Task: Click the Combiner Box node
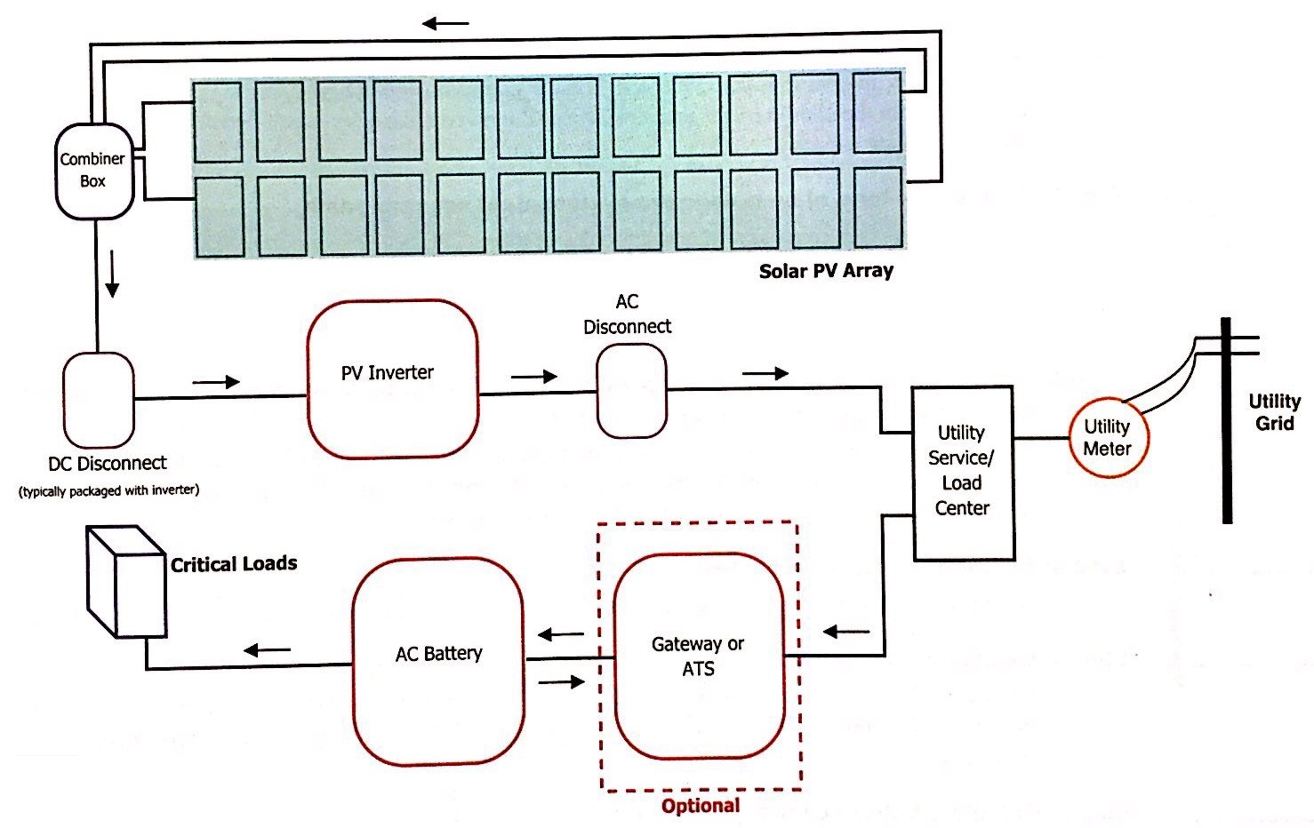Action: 93,171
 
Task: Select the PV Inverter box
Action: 392,378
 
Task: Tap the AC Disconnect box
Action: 630,391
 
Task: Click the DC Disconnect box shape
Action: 99,400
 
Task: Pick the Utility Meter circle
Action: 1108,437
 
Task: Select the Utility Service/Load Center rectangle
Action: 963,473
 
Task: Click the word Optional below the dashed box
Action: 700,806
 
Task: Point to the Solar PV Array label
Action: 826,272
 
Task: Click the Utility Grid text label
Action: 1274,412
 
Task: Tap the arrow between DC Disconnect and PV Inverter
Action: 216,382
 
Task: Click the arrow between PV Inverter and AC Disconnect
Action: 533,377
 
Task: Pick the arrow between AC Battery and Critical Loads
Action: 267,651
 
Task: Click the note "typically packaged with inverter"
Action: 108,490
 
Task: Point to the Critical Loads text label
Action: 234,564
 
